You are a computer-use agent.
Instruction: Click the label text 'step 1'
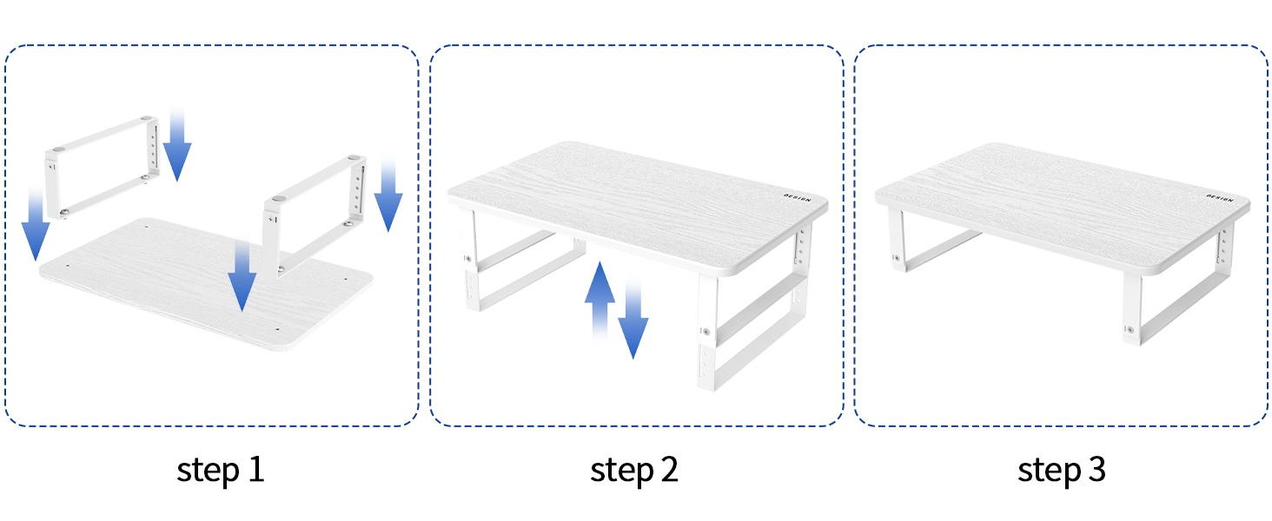click(220, 470)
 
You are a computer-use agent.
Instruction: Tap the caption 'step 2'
click(633, 470)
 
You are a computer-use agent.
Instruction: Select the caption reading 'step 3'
click(1062, 470)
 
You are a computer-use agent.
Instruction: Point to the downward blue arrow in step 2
click(633, 321)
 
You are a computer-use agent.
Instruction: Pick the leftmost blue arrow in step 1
click(35, 226)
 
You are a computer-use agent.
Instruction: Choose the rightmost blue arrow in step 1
click(388, 200)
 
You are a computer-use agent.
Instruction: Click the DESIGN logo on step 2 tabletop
click(796, 199)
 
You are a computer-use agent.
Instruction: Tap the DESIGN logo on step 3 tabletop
click(1219, 198)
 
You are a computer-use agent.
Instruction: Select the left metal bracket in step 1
click(102, 165)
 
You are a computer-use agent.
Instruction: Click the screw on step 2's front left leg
click(468, 258)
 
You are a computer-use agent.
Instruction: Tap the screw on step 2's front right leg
click(706, 331)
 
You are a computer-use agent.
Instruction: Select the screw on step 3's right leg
click(1129, 329)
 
